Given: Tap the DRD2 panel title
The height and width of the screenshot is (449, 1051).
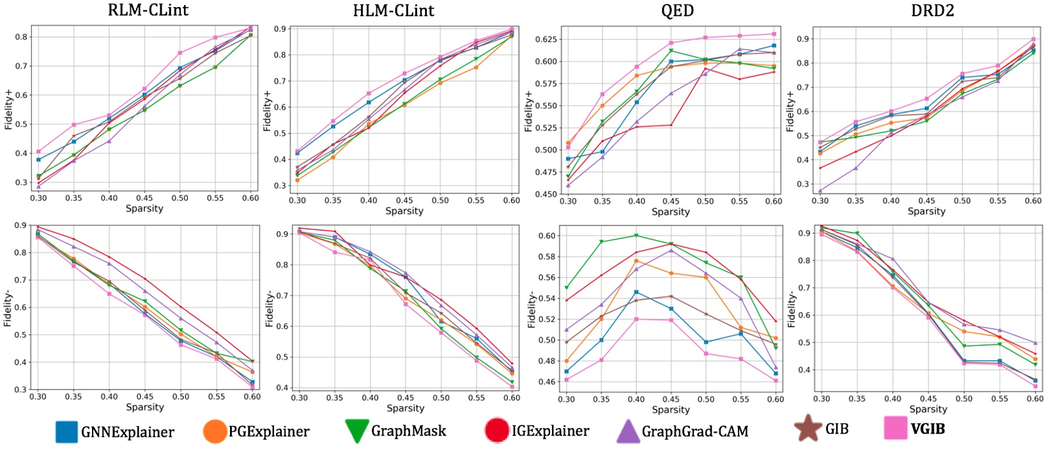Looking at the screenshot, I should pyautogui.click(x=933, y=10).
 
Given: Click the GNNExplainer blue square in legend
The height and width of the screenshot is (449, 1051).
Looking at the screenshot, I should pyautogui.click(x=66, y=432).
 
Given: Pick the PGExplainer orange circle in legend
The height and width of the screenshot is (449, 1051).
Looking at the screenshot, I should pyautogui.click(x=215, y=431).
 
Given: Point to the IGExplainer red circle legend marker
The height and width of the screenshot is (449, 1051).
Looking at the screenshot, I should pyautogui.click(x=497, y=430).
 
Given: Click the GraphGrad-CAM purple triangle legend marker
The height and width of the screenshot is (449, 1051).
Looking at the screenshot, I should pyautogui.click(x=627, y=431).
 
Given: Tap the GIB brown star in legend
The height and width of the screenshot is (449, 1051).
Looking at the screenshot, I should pyautogui.click(x=808, y=428).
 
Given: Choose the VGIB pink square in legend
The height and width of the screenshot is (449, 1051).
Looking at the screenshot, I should pyautogui.click(x=895, y=428).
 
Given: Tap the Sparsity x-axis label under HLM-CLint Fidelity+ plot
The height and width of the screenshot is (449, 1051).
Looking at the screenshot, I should pyautogui.click(x=404, y=211).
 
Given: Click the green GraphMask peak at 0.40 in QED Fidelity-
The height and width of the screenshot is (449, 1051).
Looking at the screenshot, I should pyautogui.click(x=636, y=235).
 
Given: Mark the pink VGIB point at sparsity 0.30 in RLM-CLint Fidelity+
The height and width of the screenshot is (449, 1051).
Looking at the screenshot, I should pyautogui.click(x=38, y=152).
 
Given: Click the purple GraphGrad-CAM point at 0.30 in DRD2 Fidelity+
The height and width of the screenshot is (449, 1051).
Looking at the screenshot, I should pyautogui.click(x=820, y=190).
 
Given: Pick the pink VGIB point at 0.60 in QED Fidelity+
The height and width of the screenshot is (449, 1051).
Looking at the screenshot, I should pyautogui.click(x=774, y=34).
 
